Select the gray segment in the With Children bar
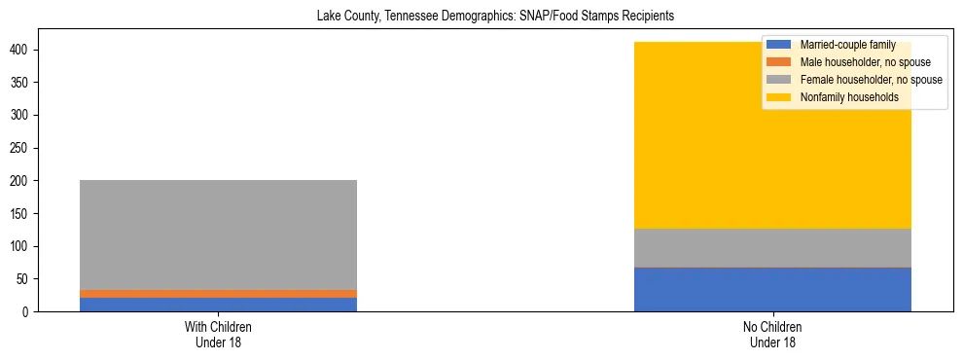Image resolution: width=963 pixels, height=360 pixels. click(218, 234)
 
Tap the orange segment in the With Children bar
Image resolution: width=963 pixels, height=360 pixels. click(218, 294)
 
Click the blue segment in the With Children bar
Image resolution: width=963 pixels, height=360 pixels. click(218, 305)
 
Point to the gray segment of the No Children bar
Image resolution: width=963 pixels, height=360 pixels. click(772, 247)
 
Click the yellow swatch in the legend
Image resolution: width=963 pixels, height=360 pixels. click(779, 97)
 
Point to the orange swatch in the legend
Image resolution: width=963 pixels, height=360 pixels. click(779, 62)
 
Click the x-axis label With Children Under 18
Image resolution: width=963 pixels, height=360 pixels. click(218, 334)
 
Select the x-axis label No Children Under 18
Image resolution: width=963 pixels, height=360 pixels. click(772, 334)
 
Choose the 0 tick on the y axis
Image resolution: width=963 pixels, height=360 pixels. click(32, 311)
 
